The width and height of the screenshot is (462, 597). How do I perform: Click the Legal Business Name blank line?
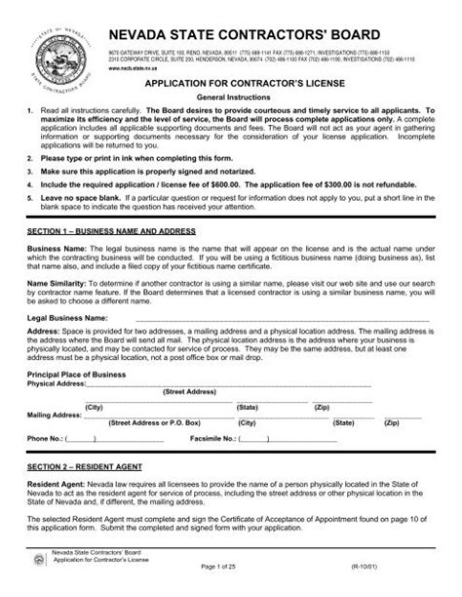(x=283, y=318)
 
